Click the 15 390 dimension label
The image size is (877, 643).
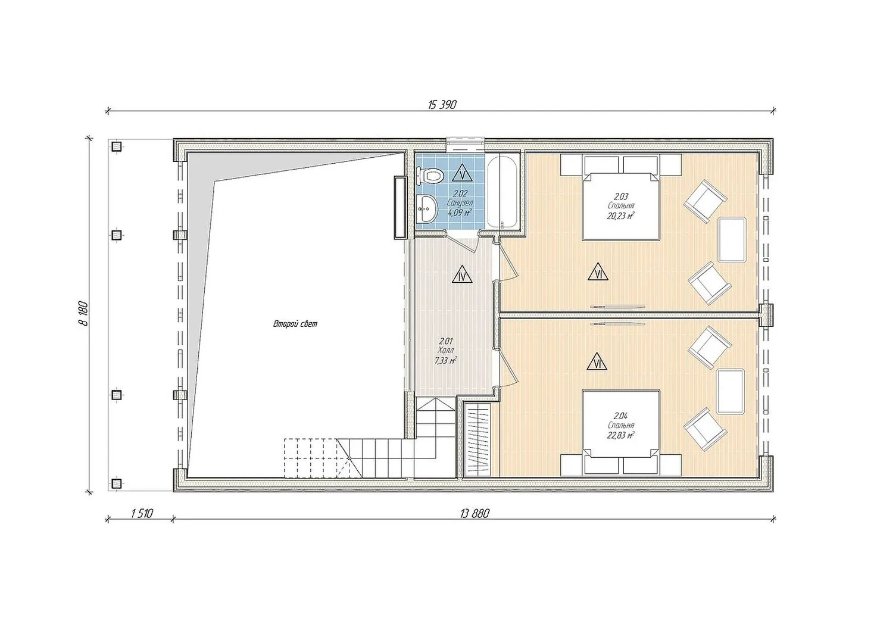click(442, 105)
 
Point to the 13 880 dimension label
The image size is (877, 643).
click(475, 513)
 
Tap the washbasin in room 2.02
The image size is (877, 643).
click(427, 210)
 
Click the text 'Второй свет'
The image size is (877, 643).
click(295, 324)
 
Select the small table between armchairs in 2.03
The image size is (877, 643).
click(732, 239)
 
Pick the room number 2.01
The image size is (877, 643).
click(446, 341)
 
